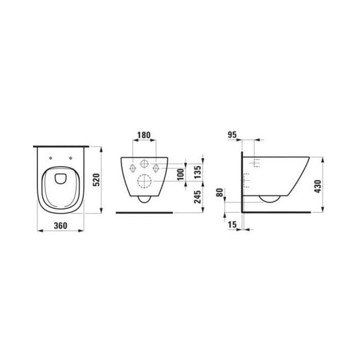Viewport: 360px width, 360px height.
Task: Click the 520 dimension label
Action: click(97, 180)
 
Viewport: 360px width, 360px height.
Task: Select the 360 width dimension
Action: click(61, 226)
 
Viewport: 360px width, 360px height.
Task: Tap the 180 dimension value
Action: click(144, 135)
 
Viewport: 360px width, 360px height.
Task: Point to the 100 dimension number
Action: click(181, 174)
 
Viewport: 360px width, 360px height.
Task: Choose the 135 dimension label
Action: click(197, 172)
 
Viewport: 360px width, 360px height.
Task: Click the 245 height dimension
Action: click(197, 197)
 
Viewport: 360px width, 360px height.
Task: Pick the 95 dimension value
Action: click(232, 135)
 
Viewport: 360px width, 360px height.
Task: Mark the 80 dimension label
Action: click(220, 192)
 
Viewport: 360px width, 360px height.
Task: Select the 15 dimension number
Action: click(232, 225)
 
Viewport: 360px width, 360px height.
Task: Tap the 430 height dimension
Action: click(317, 186)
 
